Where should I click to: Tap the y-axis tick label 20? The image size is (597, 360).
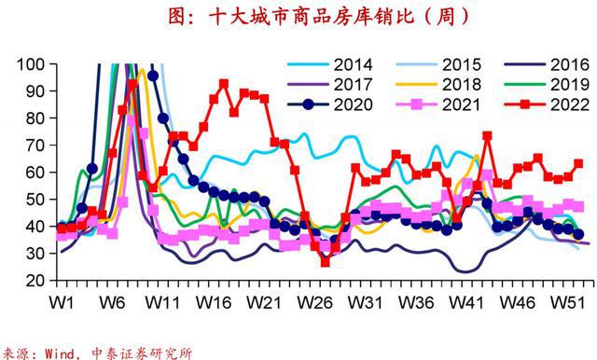tap(35, 281)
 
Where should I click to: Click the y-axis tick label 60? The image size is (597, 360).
tap(35, 173)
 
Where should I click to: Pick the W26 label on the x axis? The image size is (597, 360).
tap(315, 303)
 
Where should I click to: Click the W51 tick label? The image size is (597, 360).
tap(570, 303)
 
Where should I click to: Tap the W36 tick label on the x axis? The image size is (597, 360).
tap(417, 303)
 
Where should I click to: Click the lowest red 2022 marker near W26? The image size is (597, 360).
tap(325, 262)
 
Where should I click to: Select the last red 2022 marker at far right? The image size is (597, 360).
tap(578, 164)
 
